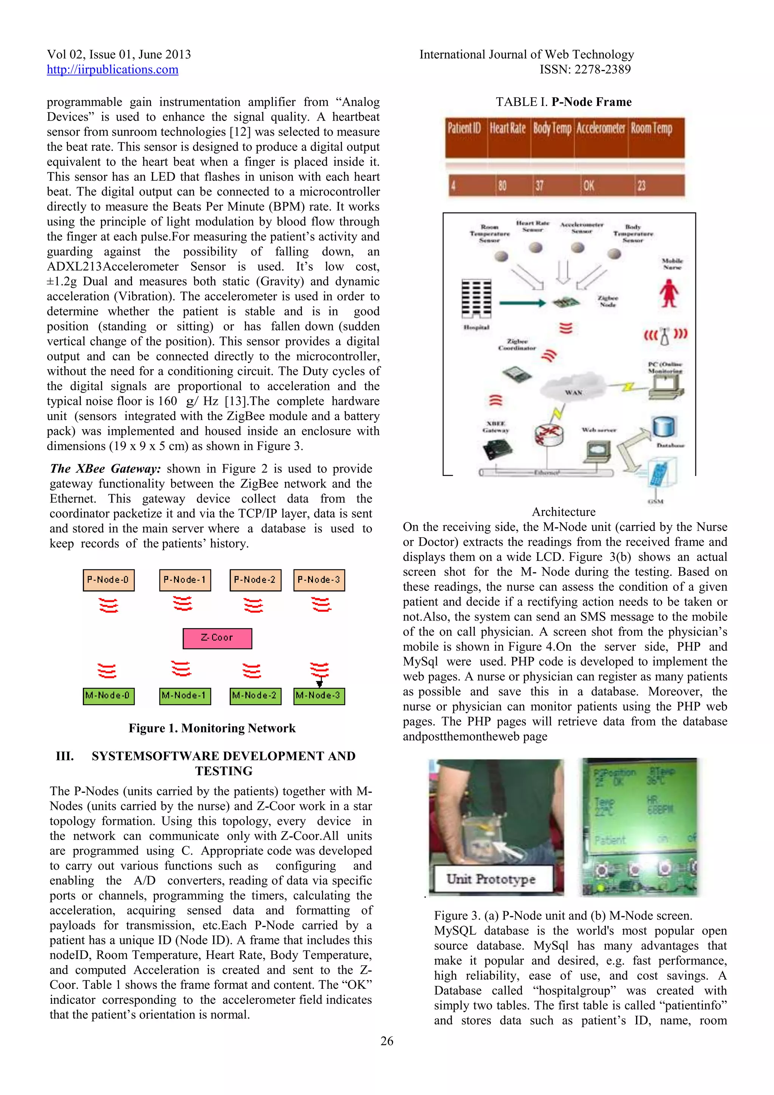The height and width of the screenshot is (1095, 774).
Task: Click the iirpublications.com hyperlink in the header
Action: coord(113,70)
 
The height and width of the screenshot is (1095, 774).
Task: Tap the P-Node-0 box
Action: coord(108,580)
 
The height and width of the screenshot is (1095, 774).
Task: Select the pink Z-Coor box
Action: coord(217,638)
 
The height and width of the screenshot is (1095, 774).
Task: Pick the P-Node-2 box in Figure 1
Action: coord(255,580)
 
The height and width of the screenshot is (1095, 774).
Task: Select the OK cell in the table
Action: coord(589,186)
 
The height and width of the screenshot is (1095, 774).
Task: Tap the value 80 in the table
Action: coord(502,186)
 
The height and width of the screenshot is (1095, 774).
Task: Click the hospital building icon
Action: coord(476,299)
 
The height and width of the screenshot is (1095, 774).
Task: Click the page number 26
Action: coord(387,1041)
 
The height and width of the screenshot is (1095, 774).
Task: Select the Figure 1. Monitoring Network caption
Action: coord(212,728)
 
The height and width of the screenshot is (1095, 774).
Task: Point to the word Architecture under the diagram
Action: coord(564,512)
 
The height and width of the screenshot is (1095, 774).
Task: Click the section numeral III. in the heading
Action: coord(65,756)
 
